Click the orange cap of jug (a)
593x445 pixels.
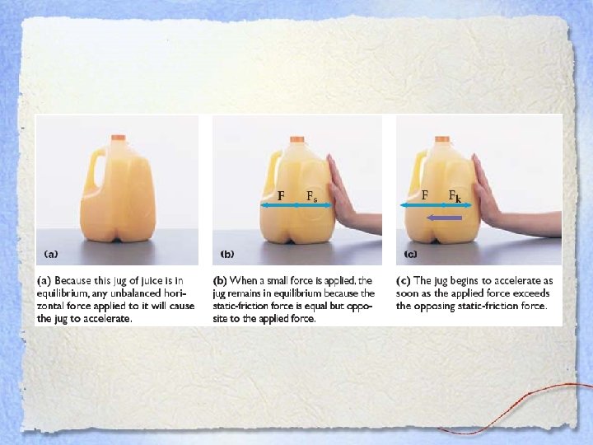click(x=119, y=138)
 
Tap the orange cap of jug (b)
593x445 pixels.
click(x=296, y=139)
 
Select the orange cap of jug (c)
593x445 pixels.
click(x=441, y=139)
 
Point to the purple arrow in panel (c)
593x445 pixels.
click(x=444, y=218)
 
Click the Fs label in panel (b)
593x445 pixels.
click(x=311, y=196)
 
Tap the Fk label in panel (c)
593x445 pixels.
click(x=455, y=196)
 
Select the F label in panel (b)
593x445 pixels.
click(x=281, y=195)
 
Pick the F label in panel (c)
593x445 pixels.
click(x=425, y=194)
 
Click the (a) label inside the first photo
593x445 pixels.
click(x=51, y=254)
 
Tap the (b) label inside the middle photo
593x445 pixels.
click(x=227, y=254)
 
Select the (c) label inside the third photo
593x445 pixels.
click(x=410, y=254)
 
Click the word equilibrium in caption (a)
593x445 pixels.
click(x=59, y=293)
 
